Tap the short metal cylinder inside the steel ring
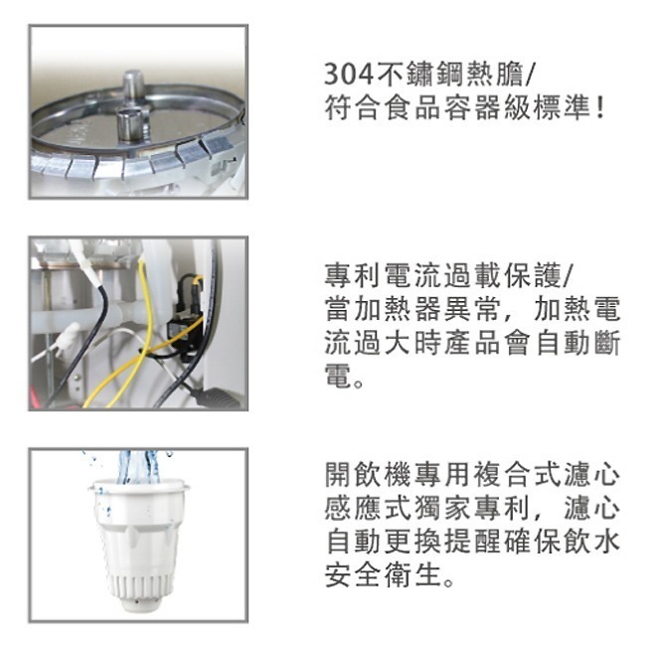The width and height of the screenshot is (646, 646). (x=129, y=123)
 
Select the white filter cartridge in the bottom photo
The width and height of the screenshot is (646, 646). (x=138, y=537)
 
